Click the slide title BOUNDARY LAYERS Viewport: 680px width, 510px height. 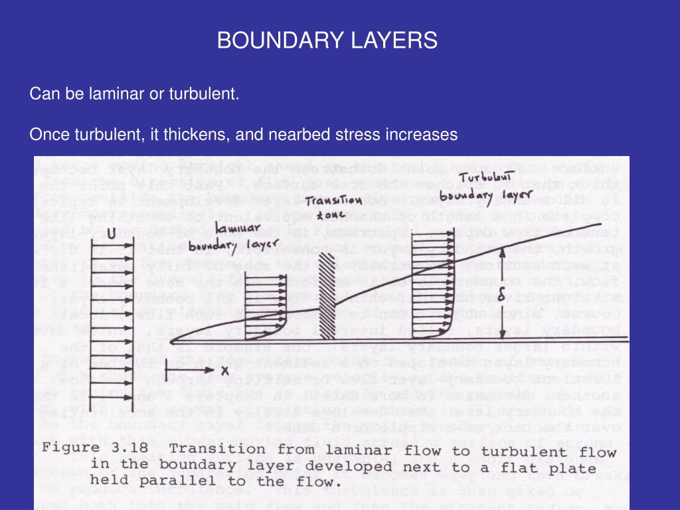click(x=327, y=41)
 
